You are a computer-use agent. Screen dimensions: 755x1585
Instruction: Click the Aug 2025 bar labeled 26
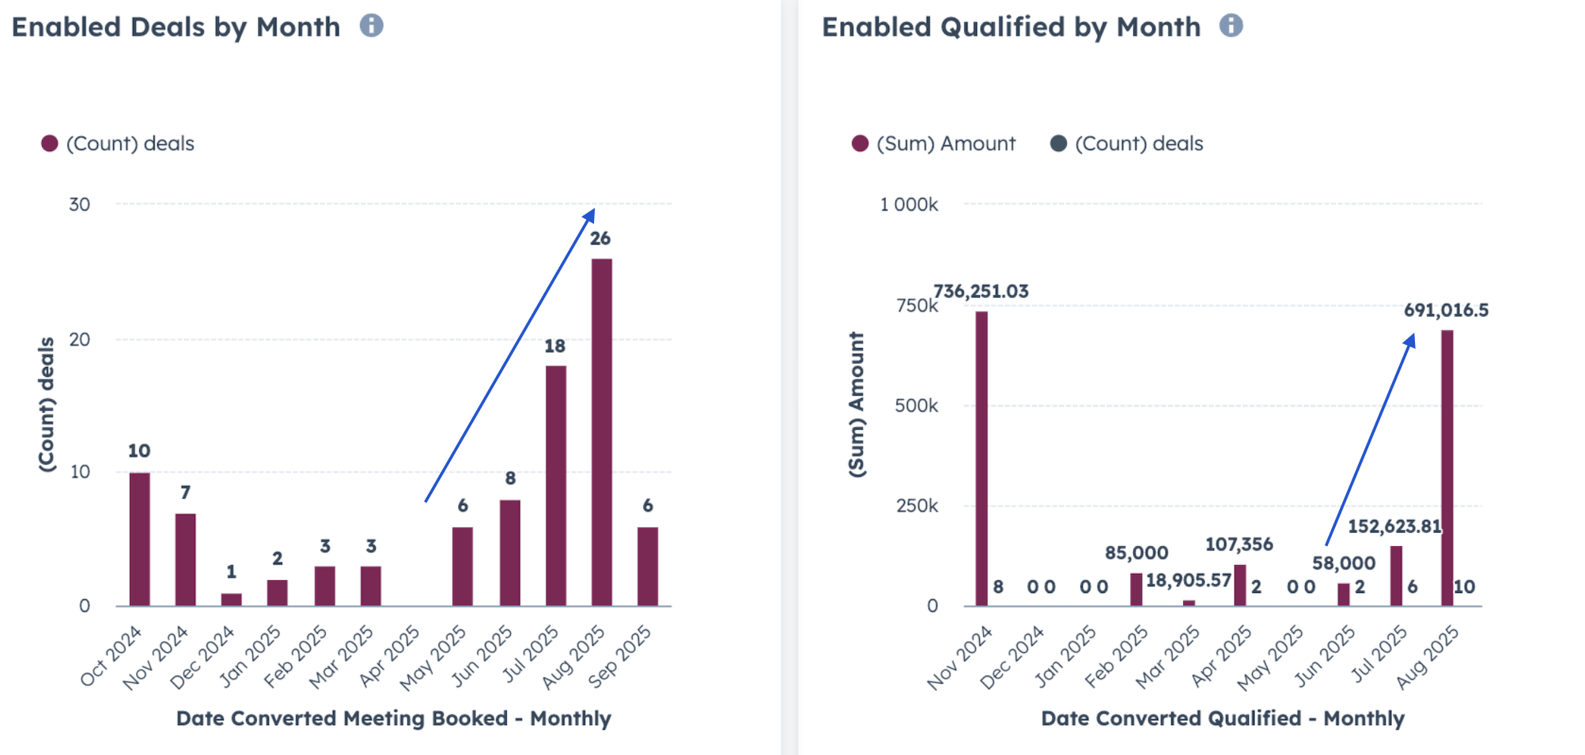(x=601, y=431)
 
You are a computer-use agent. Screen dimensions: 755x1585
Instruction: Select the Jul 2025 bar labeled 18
(x=555, y=485)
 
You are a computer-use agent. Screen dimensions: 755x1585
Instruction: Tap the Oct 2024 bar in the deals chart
(x=139, y=539)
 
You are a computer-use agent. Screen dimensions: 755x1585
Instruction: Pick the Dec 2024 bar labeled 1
(x=231, y=599)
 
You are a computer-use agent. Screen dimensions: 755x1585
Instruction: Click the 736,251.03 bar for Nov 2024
(x=981, y=458)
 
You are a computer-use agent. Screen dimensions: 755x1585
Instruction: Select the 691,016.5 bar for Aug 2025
(x=1447, y=468)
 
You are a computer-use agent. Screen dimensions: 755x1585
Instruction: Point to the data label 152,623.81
(x=1394, y=526)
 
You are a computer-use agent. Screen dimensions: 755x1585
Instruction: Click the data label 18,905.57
(x=1188, y=580)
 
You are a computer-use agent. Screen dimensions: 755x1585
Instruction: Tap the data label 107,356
(x=1239, y=544)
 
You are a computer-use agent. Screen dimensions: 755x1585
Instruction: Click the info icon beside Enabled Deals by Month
(x=372, y=26)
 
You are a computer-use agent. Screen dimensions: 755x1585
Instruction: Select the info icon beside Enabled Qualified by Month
(x=1231, y=26)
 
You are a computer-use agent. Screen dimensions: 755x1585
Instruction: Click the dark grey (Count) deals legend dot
(x=1058, y=143)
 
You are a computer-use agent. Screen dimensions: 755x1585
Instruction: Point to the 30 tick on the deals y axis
(x=79, y=204)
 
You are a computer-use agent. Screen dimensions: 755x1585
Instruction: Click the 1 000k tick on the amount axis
(x=909, y=204)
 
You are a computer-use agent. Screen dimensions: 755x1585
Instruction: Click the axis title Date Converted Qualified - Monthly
(x=1222, y=718)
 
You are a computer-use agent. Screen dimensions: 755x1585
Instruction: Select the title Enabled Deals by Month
(x=176, y=27)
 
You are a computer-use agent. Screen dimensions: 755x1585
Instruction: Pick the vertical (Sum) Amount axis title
(x=856, y=404)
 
